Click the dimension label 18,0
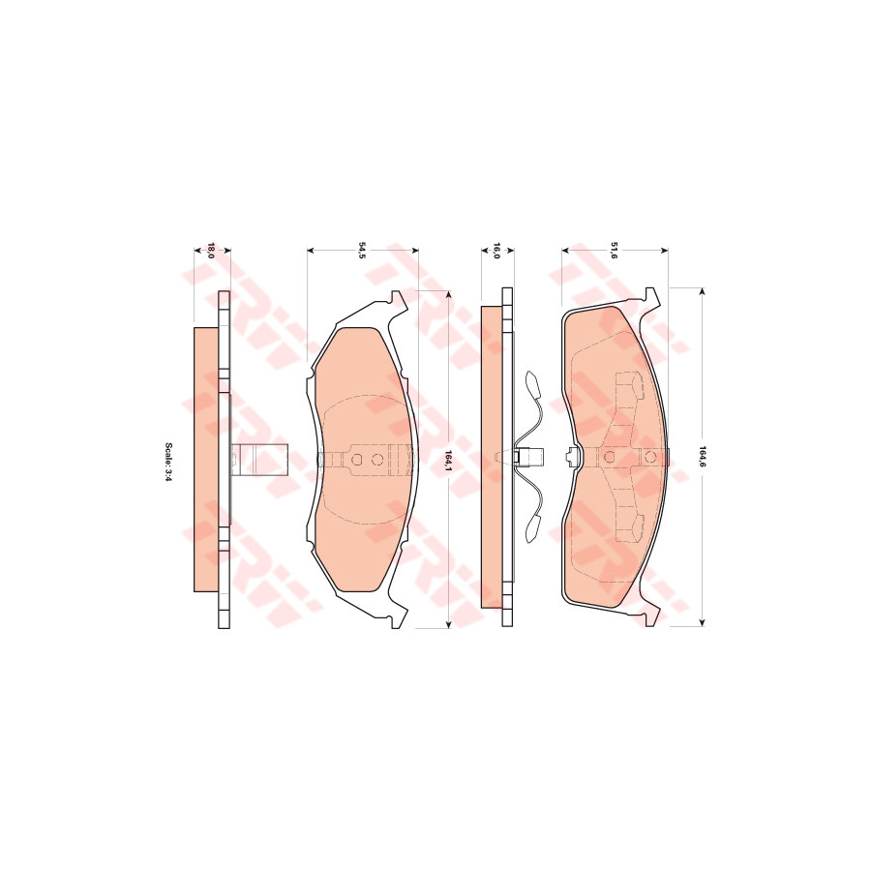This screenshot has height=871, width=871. click(x=210, y=251)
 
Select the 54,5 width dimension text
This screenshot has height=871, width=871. click(x=362, y=251)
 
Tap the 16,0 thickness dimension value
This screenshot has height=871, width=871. click(x=496, y=251)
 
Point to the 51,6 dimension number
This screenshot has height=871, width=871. click(x=614, y=251)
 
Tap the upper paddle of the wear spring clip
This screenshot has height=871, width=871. click(x=531, y=382)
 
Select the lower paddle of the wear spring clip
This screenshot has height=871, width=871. click(x=532, y=527)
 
